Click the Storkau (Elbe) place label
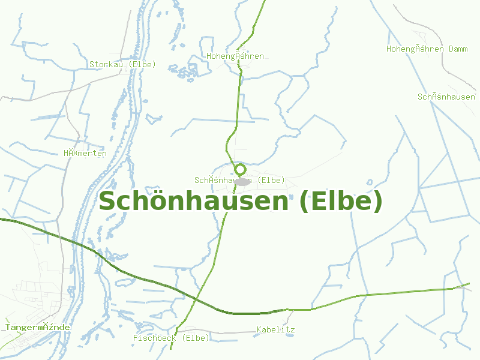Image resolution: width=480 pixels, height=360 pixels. click(x=122, y=64)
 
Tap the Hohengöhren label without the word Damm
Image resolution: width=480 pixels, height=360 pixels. click(x=235, y=56)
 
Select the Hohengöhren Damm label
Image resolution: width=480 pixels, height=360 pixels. click(x=427, y=49)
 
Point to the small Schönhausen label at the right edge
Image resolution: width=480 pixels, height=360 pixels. click(x=446, y=97)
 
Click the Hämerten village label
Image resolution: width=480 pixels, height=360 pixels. click(x=85, y=153)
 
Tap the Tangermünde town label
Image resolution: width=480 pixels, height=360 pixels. click(x=38, y=328)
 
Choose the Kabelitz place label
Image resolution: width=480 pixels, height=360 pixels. click(x=275, y=330)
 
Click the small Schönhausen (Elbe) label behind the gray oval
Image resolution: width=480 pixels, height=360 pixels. click(x=239, y=180)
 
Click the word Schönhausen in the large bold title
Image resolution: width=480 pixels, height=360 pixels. click(x=193, y=202)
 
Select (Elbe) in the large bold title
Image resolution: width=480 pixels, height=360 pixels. click(x=340, y=202)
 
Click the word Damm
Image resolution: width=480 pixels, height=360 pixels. click(x=458, y=49)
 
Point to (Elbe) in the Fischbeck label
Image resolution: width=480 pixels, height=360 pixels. click(x=195, y=338)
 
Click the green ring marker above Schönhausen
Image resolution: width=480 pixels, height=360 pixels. click(x=240, y=169)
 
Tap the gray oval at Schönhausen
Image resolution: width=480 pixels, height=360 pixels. click(x=242, y=181)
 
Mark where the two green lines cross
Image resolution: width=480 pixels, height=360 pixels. click(x=197, y=298)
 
